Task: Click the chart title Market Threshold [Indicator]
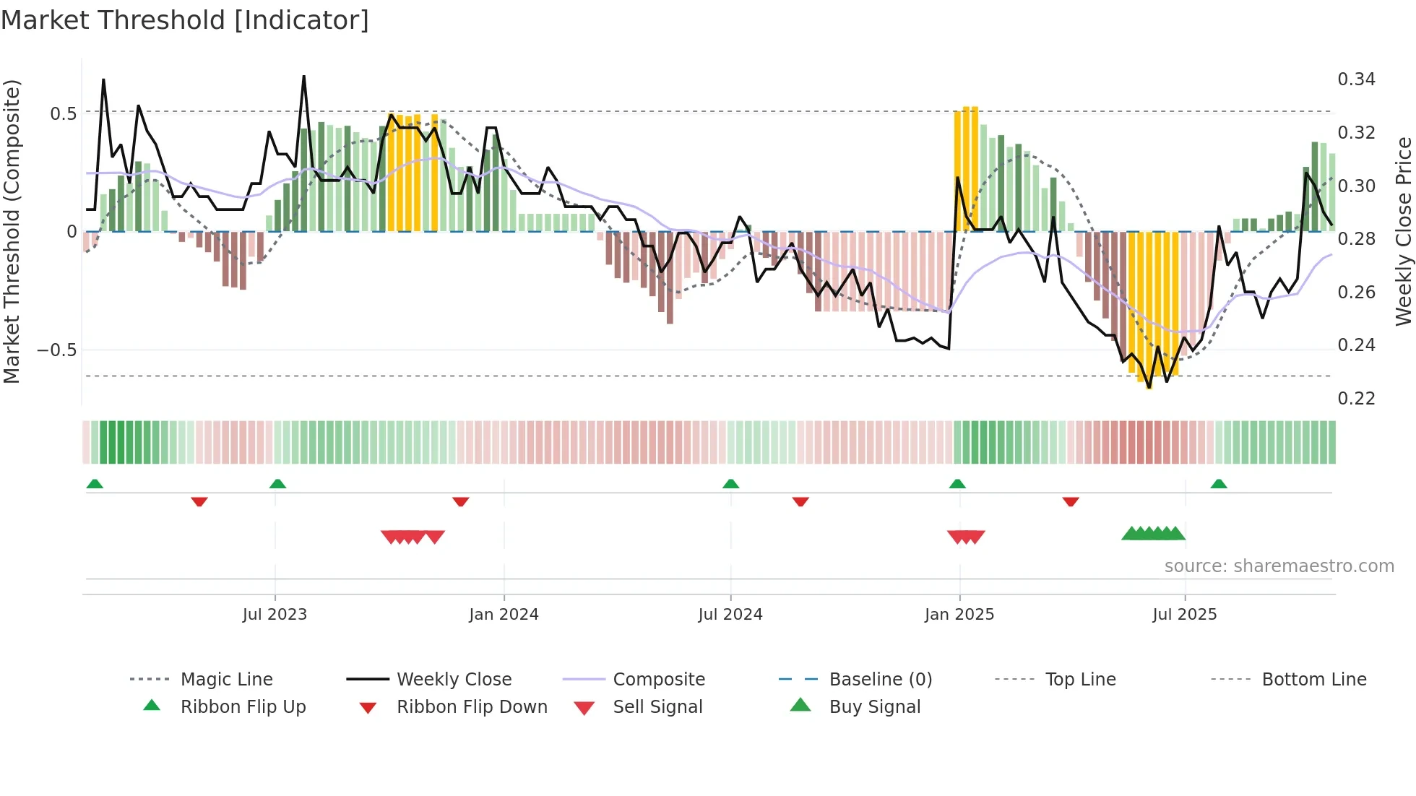[x=185, y=20]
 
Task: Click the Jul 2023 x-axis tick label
[x=275, y=615]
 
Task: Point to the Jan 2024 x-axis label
[x=504, y=615]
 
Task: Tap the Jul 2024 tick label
[x=730, y=615]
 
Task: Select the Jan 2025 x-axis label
[x=959, y=615]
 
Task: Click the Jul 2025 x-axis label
[x=1185, y=615]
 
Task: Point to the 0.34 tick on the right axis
[x=1356, y=79]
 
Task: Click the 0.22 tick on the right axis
[x=1356, y=399]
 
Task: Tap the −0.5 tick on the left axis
[x=56, y=350]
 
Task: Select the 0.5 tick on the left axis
[x=63, y=114]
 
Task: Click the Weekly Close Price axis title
[x=1403, y=231]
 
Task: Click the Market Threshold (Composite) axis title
[x=12, y=231]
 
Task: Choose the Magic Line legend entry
[x=226, y=680]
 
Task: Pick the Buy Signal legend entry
[x=874, y=707]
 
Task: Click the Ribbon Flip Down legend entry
[x=472, y=707]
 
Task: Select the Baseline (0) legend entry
[x=880, y=680]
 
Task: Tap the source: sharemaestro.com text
[x=1279, y=566]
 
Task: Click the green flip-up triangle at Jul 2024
[x=730, y=484]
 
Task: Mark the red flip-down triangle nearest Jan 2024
[x=461, y=501]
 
